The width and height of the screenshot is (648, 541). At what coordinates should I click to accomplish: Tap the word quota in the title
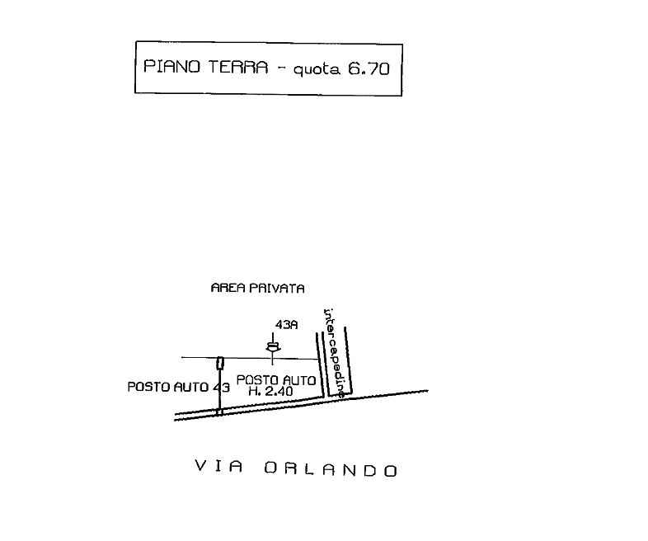tap(316, 70)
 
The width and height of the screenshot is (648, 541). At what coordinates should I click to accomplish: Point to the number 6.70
tap(369, 69)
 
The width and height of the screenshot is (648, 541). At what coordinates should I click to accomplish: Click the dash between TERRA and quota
tap(280, 68)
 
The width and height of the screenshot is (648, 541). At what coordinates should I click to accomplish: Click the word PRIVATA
tap(276, 289)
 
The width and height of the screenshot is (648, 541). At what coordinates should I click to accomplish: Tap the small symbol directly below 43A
tap(272, 349)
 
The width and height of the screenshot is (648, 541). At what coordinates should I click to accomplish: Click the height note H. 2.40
tap(271, 393)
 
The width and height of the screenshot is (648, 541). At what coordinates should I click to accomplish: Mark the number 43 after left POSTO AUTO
tap(220, 387)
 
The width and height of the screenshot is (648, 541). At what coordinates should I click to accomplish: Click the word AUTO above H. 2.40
tap(298, 380)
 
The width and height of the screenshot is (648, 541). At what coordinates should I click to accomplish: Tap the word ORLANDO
tap(331, 470)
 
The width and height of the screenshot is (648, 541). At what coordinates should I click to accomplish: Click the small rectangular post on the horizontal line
tap(220, 363)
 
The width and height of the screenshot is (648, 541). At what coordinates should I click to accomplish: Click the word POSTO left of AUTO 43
tap(149, 387)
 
